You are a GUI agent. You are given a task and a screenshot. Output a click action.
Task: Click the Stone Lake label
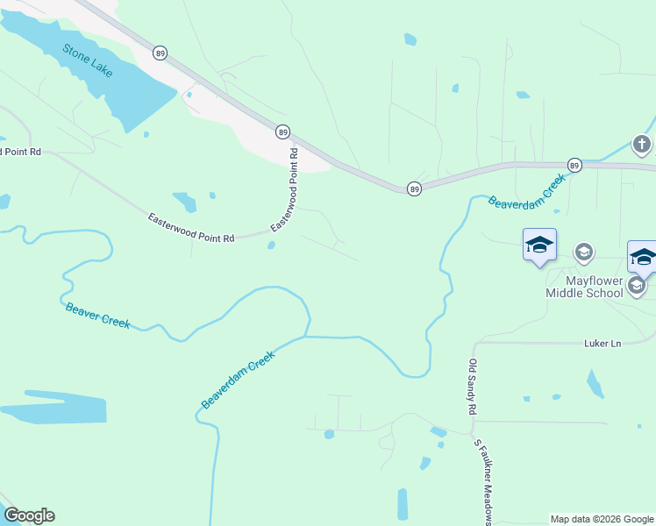(88, 60)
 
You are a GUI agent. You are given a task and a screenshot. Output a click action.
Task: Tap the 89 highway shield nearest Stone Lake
(159, 53)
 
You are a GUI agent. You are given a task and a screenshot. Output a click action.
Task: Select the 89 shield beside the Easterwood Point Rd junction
(282, 131)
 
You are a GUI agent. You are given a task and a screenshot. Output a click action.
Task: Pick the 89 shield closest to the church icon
(574, 165)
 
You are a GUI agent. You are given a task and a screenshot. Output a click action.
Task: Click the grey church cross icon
(642, 144)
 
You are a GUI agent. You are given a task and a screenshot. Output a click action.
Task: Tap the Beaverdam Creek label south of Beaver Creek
(238, 380)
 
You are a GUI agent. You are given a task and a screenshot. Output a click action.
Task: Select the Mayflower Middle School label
(594, 286)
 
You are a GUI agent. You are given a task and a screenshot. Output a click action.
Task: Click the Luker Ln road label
(602, 344)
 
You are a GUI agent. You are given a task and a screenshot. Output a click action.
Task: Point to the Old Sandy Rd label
(472, 387)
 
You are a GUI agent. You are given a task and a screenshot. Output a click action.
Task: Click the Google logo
(29, 515)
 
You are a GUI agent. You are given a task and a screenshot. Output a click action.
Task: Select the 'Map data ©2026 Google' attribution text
(602, 519)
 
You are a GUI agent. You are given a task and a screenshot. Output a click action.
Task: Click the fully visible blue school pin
(539, 245)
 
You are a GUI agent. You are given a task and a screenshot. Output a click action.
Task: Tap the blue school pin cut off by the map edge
(643, 257)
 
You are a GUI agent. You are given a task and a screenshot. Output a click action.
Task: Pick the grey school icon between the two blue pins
(583, 253)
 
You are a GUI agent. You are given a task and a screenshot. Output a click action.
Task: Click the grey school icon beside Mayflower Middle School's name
(638, 285)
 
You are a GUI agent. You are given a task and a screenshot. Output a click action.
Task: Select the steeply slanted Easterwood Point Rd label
(285, 189)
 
